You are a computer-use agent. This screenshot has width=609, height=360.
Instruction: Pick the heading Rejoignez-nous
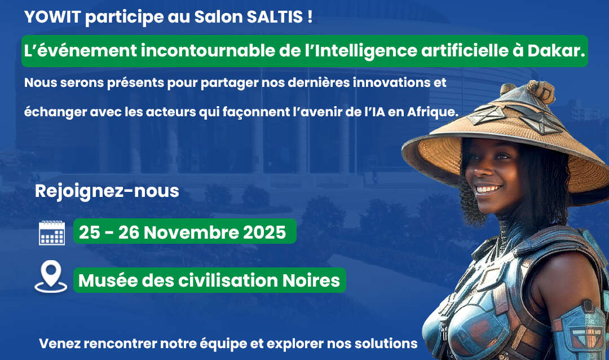107,191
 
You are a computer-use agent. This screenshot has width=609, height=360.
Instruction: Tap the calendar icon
52,232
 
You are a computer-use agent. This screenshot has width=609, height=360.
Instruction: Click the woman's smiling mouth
488,190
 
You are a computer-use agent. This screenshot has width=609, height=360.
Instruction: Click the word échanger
54,112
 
